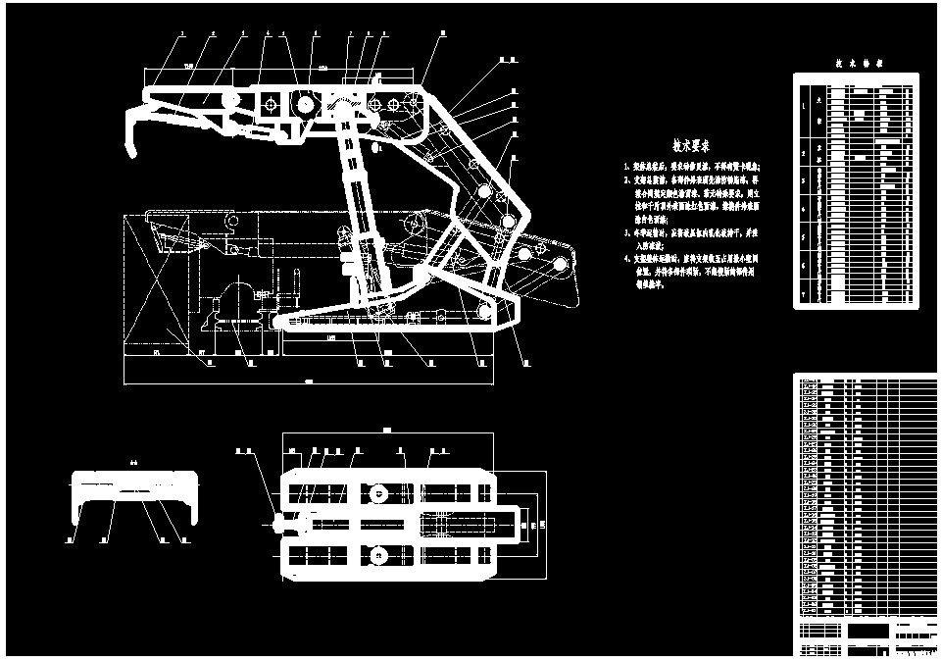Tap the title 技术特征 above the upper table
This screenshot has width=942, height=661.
[x=860, y=62]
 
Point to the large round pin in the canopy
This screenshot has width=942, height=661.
[x=304, y=105]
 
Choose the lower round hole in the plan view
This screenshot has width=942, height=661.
[x=376, y=559]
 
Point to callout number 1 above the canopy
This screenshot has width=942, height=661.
[x=182, y=33]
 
